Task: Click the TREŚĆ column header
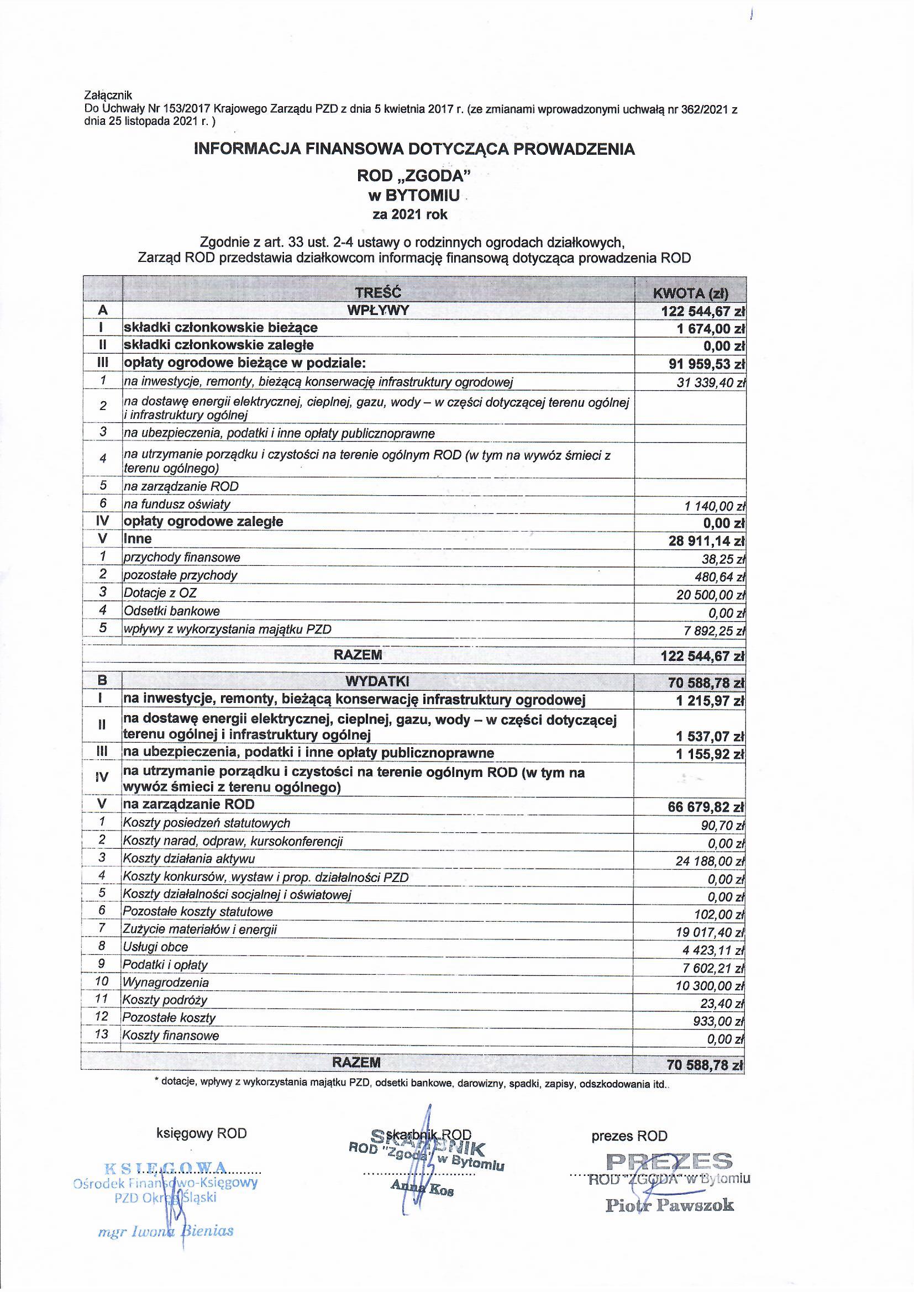(x=377, y=293)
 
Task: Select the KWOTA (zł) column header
(x=690, y=293)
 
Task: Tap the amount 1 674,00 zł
(x=711, y=329)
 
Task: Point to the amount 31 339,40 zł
(x=711, y=383)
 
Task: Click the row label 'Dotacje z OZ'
(x=160, y=593)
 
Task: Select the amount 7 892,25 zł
(x=715, y=631)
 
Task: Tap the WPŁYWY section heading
(x=377, y=311)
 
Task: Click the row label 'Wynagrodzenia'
(x=166, y=982)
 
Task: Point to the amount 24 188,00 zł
(x=711, y=862)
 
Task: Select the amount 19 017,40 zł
(x=711, y=932)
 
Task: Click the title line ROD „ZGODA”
(x=414, y=176)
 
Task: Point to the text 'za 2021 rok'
(x=410, y=214)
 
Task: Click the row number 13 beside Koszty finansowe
(x=102, y=1034)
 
